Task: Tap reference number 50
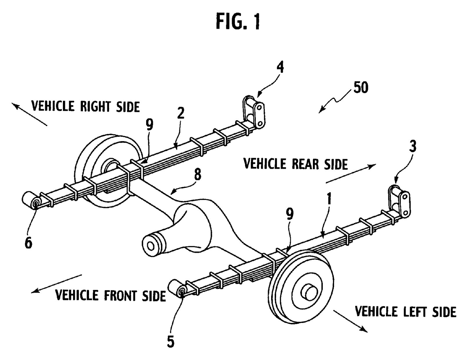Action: coord(361,88)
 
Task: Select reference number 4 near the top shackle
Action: coord(280,67)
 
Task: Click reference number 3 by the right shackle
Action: coord(413,147)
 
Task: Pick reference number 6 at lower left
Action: coord(28,242)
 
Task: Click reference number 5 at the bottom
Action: coord(171,342)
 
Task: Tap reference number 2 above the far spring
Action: coord(180,113)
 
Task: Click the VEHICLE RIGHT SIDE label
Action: coord(86,106)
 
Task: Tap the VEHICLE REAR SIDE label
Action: coord(295,164)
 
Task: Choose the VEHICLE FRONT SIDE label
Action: coord(110,296)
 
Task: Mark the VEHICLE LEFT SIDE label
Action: coord(405,312)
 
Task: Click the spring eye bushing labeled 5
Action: coord(179,288)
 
